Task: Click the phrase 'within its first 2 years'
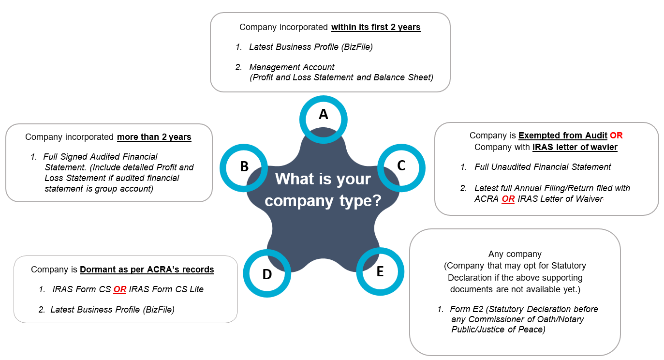[x=376, y=27]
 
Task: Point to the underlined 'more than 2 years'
[x=154, y=137]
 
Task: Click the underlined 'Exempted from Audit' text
[x=562, y=135]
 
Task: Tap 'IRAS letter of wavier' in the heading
[x=575, y=147]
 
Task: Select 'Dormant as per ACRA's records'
[x=147, y=270]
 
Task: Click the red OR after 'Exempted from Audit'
[x=616, y=135]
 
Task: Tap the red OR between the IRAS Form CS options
[x=120, y=289]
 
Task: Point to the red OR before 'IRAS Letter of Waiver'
[x=508, y=199]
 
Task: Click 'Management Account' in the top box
[x=292, y=67]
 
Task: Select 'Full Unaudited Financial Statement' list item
[x=543, y=167]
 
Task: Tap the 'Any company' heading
[x=515, y=254]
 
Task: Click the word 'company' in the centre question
[x=299, y=201]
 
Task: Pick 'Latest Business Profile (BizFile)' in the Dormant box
[x=112, y=310]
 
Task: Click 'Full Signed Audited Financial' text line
[x=100, y=157]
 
